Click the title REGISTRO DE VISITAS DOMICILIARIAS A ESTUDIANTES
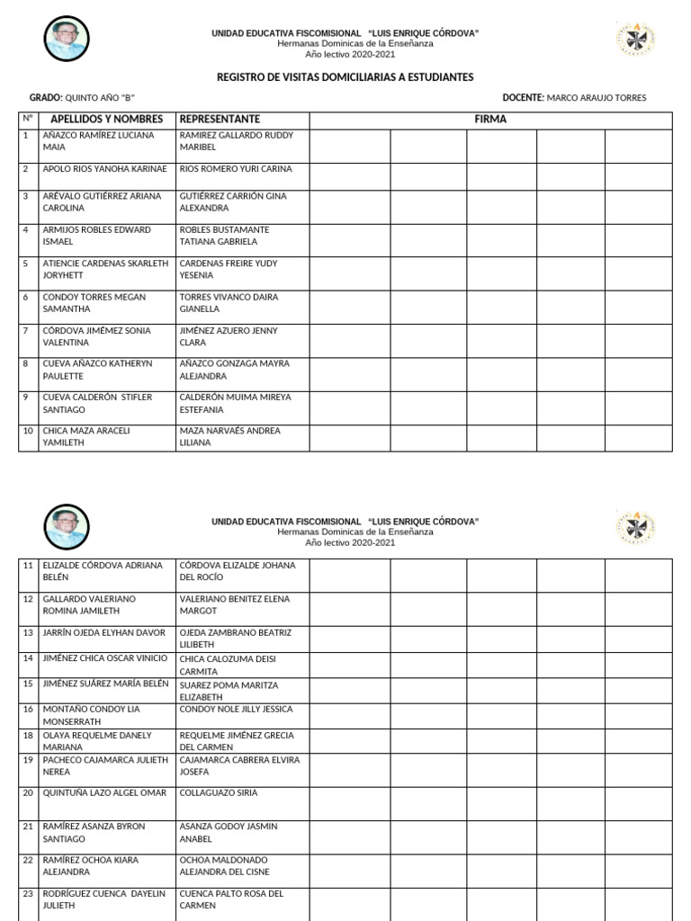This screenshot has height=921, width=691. click(x=345, y=77)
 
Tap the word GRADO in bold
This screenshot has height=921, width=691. click(x=46, y=98)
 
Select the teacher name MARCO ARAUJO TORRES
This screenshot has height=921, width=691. click(x=597, y=98)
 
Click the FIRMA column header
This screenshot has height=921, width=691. click(x=490, y=120)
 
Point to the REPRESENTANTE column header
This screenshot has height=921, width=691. click(x=220, y=120)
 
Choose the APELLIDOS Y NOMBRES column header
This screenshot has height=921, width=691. click(x=106, y=120)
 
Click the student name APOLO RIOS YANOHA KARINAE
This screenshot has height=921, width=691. click(x=104, y=169)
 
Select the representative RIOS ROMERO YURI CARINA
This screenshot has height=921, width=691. click(x=236, y=169)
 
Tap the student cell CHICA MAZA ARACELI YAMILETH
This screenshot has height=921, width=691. click(x=86, y=436)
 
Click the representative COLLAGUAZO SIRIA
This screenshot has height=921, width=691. click(x=219, y=793)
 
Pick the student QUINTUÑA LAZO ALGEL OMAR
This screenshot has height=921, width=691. click(x=104, y=793)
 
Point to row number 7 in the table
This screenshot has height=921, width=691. click(x=26, y=331)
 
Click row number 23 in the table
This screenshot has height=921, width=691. click(x=28, y=894)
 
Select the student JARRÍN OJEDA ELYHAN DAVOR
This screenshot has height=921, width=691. click(x=104, y=633)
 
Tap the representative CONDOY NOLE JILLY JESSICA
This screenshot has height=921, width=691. click(x=237, y=710)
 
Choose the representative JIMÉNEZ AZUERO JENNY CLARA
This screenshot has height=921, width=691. click(x=229, y=336)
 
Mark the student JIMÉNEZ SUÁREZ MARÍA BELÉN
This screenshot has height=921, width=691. click(x=105, y=684)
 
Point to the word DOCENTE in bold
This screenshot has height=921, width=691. click(x=523, y=98)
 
